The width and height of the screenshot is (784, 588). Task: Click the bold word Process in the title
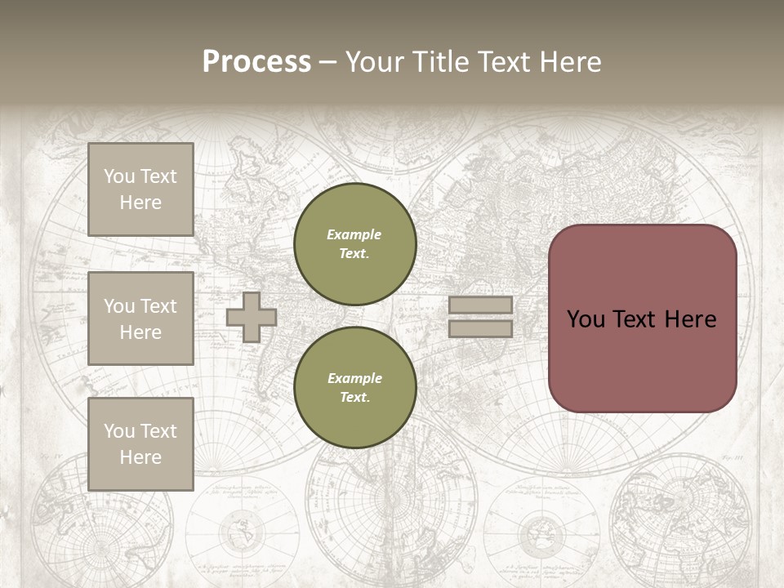click(256, 62)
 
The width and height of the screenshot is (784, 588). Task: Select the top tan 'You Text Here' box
click(140, 189)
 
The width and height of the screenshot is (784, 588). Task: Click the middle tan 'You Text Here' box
click(140, 318)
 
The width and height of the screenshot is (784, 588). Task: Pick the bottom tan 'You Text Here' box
click(140, 443)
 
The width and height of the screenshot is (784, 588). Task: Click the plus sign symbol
click(252, 317)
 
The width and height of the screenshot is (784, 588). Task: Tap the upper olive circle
click(354, 244)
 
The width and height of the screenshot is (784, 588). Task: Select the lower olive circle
click(354, 388)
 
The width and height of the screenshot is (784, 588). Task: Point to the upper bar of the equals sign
click(480, 305)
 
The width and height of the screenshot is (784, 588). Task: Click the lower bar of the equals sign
click(480, 328)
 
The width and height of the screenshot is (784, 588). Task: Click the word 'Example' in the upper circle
click(354, 234)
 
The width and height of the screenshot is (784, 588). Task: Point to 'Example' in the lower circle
click(354, 378)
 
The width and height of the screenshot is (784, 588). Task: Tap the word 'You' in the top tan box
click(118, 176)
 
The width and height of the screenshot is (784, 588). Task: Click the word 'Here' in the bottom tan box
click(140, 457)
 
